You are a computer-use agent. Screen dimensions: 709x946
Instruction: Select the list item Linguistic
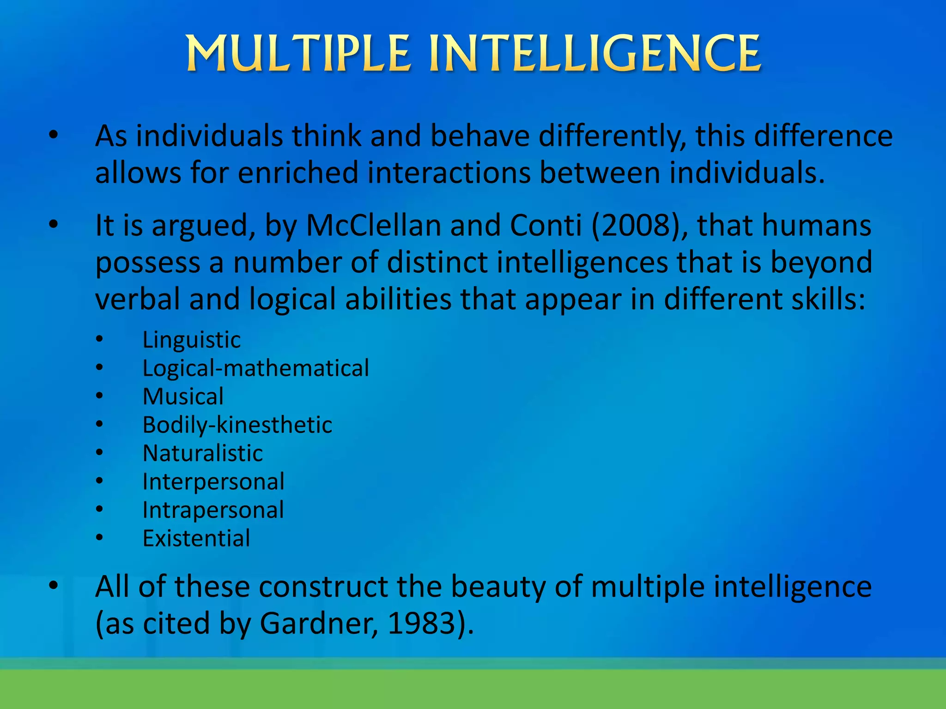coord(191,340)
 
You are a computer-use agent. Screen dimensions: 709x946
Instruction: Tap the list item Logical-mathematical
coord(255,368)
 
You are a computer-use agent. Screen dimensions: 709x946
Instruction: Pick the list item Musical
coord(183,397)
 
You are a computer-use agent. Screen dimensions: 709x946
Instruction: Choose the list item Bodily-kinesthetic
coord(237,425)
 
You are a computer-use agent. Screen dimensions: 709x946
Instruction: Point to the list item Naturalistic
coord(202,453)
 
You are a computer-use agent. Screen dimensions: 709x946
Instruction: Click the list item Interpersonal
coord(213,482)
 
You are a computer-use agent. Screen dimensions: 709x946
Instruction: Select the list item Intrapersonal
coord(213,510)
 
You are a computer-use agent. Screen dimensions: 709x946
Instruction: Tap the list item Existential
coord(196,538)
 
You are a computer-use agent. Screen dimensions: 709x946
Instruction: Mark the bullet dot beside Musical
coord(99,396)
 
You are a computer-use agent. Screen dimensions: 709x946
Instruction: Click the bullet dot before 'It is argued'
coord(54,224)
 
